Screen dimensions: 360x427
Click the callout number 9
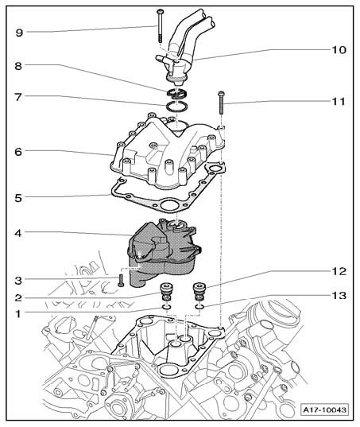click(19, 33)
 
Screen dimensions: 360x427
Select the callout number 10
click(339, 50)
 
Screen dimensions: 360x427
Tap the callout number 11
click(339, 101)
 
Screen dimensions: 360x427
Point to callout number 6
click(18, 152)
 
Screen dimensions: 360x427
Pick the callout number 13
click(339, 295)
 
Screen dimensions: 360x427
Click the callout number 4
click(18, 233)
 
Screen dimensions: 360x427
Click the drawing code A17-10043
click(325, 410)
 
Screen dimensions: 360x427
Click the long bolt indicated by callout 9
click(160, 26)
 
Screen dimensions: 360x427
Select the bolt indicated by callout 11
click(221, 103)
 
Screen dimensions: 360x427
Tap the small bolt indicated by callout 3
click(121, 280)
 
